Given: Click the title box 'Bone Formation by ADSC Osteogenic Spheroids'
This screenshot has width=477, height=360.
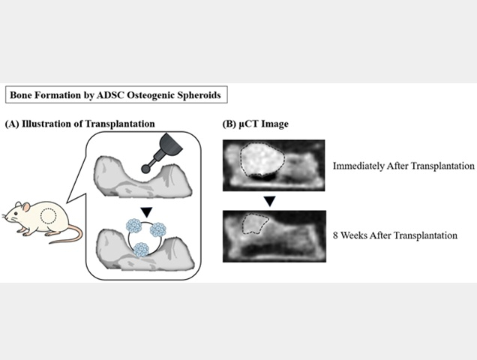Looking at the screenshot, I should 113,95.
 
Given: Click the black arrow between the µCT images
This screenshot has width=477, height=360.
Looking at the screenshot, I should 274,201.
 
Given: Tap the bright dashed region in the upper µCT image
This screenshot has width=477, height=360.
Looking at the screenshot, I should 262,159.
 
